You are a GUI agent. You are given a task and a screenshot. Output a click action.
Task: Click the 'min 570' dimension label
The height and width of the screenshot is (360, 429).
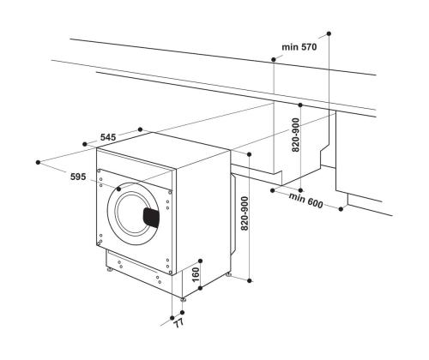click(299, 47)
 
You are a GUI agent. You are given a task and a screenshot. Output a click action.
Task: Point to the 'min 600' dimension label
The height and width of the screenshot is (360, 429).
click(306, 201)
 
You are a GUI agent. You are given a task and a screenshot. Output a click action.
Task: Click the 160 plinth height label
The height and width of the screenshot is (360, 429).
click(195, 276)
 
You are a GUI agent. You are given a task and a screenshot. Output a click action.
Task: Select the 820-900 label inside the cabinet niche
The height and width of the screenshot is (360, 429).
click(296, 135)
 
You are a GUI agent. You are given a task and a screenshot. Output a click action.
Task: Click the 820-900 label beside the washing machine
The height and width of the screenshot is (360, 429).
click(245, 214)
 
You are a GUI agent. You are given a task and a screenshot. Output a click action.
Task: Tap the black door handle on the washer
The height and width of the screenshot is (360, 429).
click(152, 217)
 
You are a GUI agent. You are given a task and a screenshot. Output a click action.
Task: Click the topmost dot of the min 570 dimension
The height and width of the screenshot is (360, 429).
click(329, 33)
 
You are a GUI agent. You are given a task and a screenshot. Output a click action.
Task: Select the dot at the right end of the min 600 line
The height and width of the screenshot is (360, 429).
click(341, 208)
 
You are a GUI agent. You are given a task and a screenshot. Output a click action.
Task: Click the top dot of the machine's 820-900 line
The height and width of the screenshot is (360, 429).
click(248, 154)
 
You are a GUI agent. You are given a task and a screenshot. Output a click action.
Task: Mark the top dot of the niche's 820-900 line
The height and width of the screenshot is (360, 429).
click(301, 99)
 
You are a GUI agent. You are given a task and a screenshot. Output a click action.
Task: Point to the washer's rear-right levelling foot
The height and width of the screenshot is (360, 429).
click(228, 274)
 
